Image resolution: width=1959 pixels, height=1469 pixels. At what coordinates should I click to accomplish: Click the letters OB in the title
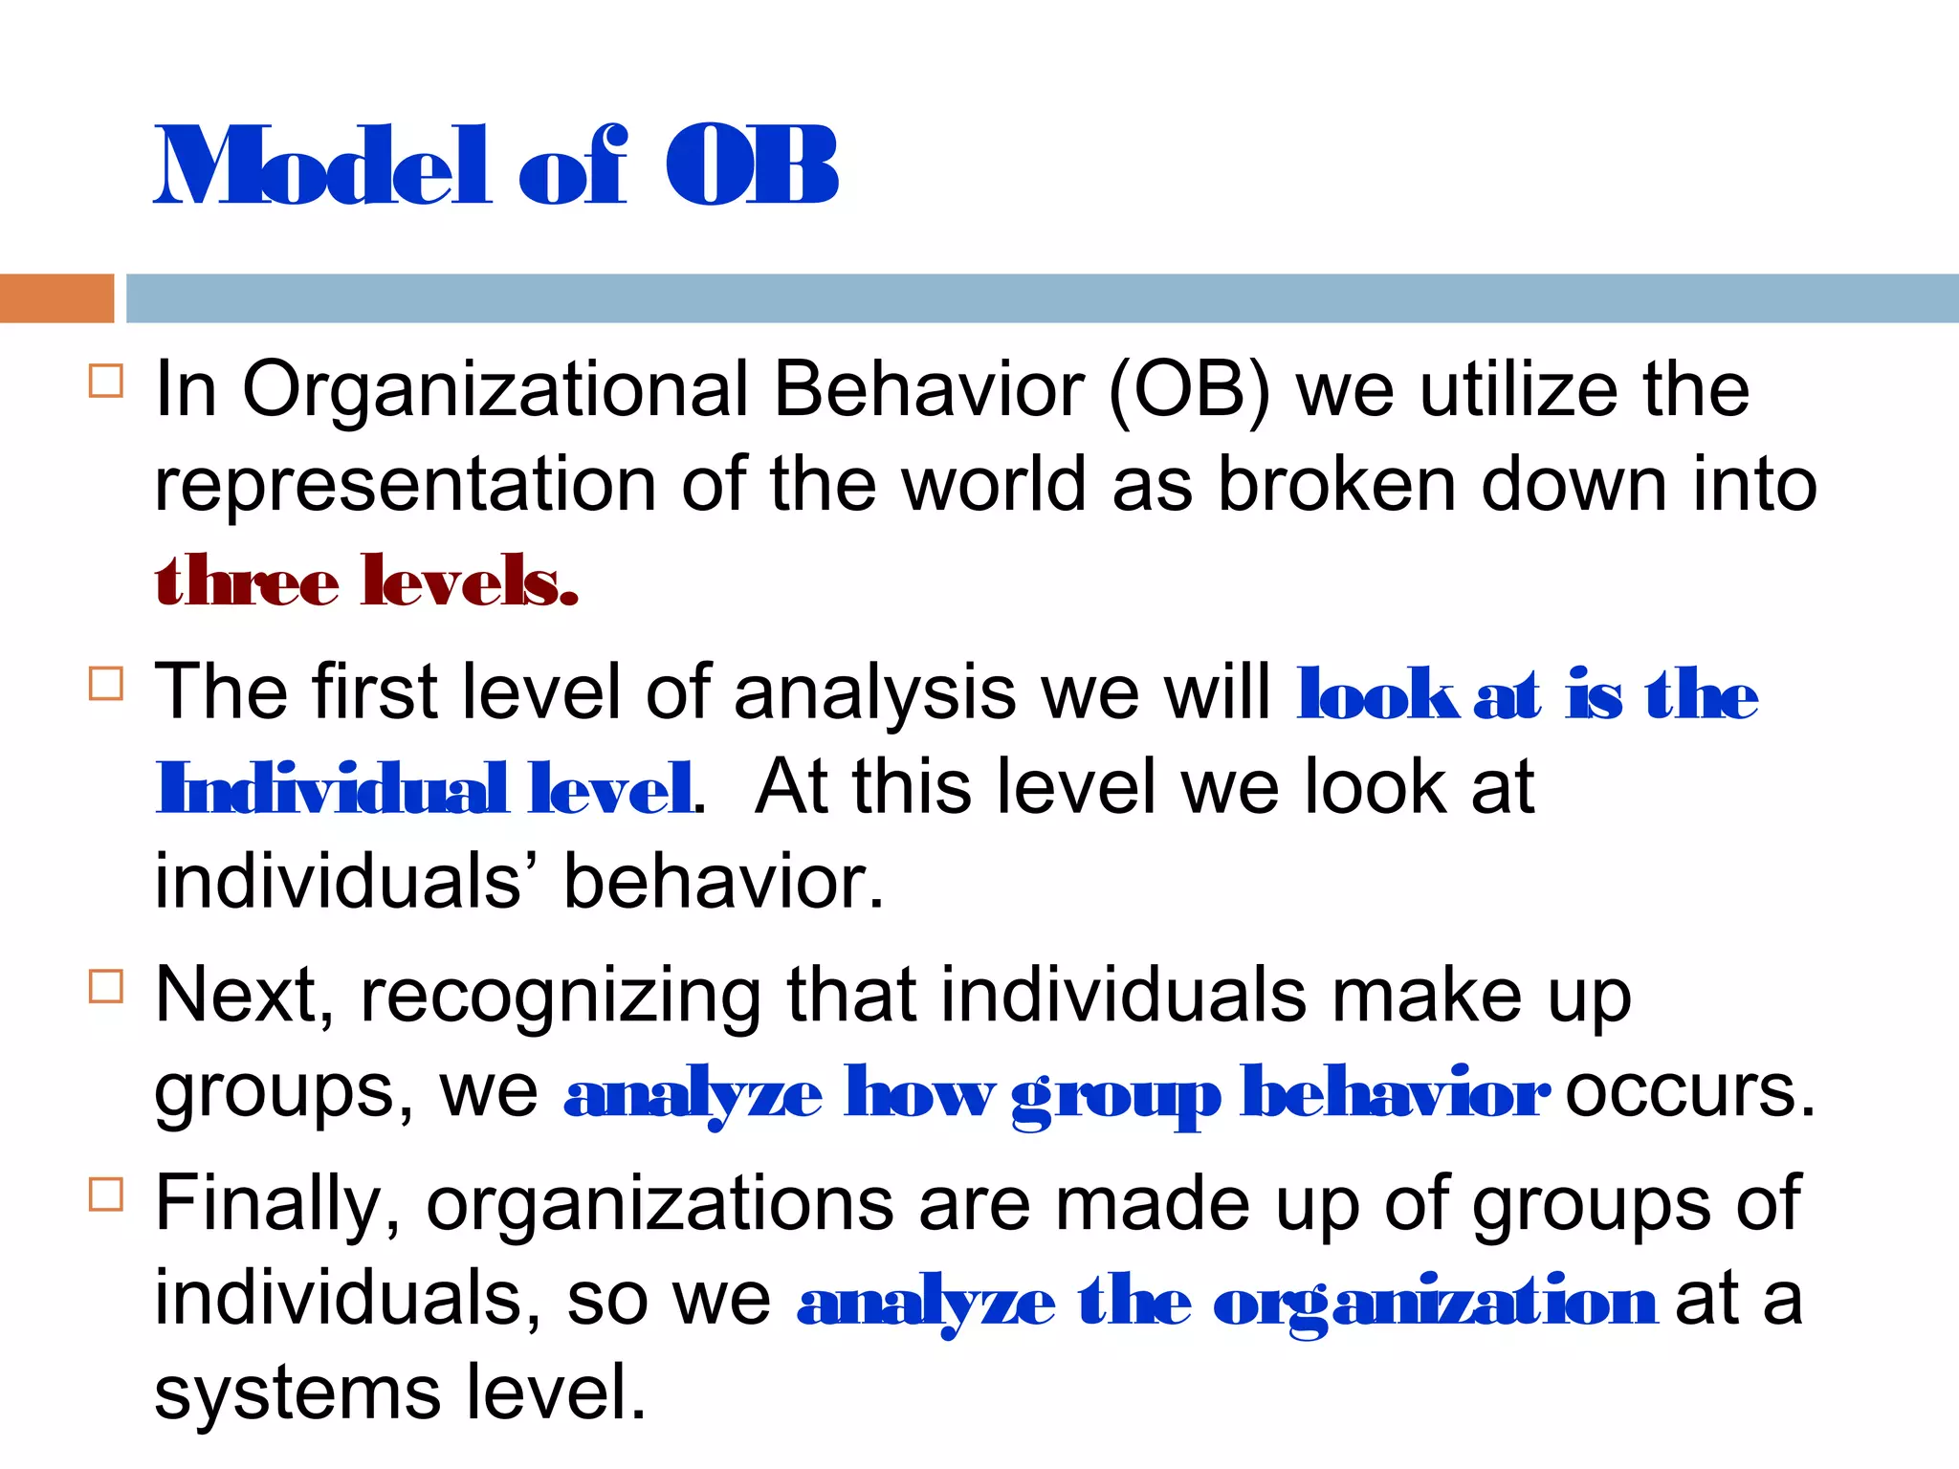tap(752, 167)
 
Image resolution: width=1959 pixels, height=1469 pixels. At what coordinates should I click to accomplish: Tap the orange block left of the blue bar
tap(56, 298)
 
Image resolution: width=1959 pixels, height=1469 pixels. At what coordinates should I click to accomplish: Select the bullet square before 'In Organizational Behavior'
tap(105, 381)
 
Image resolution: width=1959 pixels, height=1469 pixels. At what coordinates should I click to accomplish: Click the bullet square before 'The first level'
tap(105, 684)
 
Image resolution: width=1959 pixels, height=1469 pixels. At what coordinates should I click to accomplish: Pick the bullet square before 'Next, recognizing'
tap(105, 986)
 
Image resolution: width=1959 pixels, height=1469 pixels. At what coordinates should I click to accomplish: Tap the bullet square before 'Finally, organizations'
tap(105, 1195)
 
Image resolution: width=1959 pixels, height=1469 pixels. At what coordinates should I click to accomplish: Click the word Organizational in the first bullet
tap(495, 390)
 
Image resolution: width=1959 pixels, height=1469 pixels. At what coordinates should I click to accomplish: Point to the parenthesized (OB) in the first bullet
tap(1189, 390)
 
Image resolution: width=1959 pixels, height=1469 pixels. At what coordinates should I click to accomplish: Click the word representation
tap(405, 485)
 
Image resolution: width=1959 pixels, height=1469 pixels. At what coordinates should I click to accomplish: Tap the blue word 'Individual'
tap(331, 789)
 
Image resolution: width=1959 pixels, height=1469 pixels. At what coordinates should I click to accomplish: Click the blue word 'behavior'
tap(1395, 1093)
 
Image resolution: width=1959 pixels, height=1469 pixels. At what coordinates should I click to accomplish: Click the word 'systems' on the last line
tap(297, 1394)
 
